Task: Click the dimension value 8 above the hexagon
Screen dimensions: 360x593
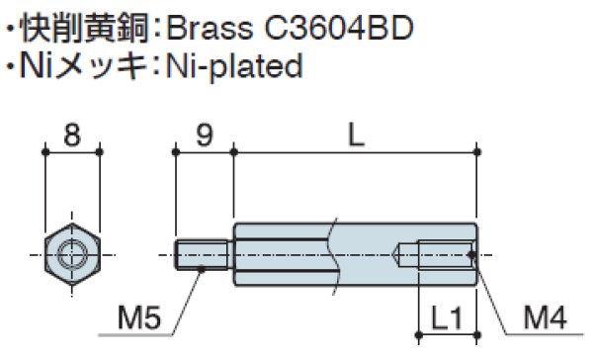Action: click(72, 136)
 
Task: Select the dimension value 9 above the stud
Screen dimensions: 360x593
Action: click(205, 136)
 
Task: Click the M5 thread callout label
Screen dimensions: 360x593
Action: click(138, 318)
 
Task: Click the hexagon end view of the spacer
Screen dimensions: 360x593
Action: click(72, 255)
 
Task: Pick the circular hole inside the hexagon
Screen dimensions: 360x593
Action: click(72, 255)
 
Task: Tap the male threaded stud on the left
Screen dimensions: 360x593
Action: click(205, 255)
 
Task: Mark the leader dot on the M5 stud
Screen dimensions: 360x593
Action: click(202, 267)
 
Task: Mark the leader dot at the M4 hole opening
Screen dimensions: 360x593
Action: click(473, 255)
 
